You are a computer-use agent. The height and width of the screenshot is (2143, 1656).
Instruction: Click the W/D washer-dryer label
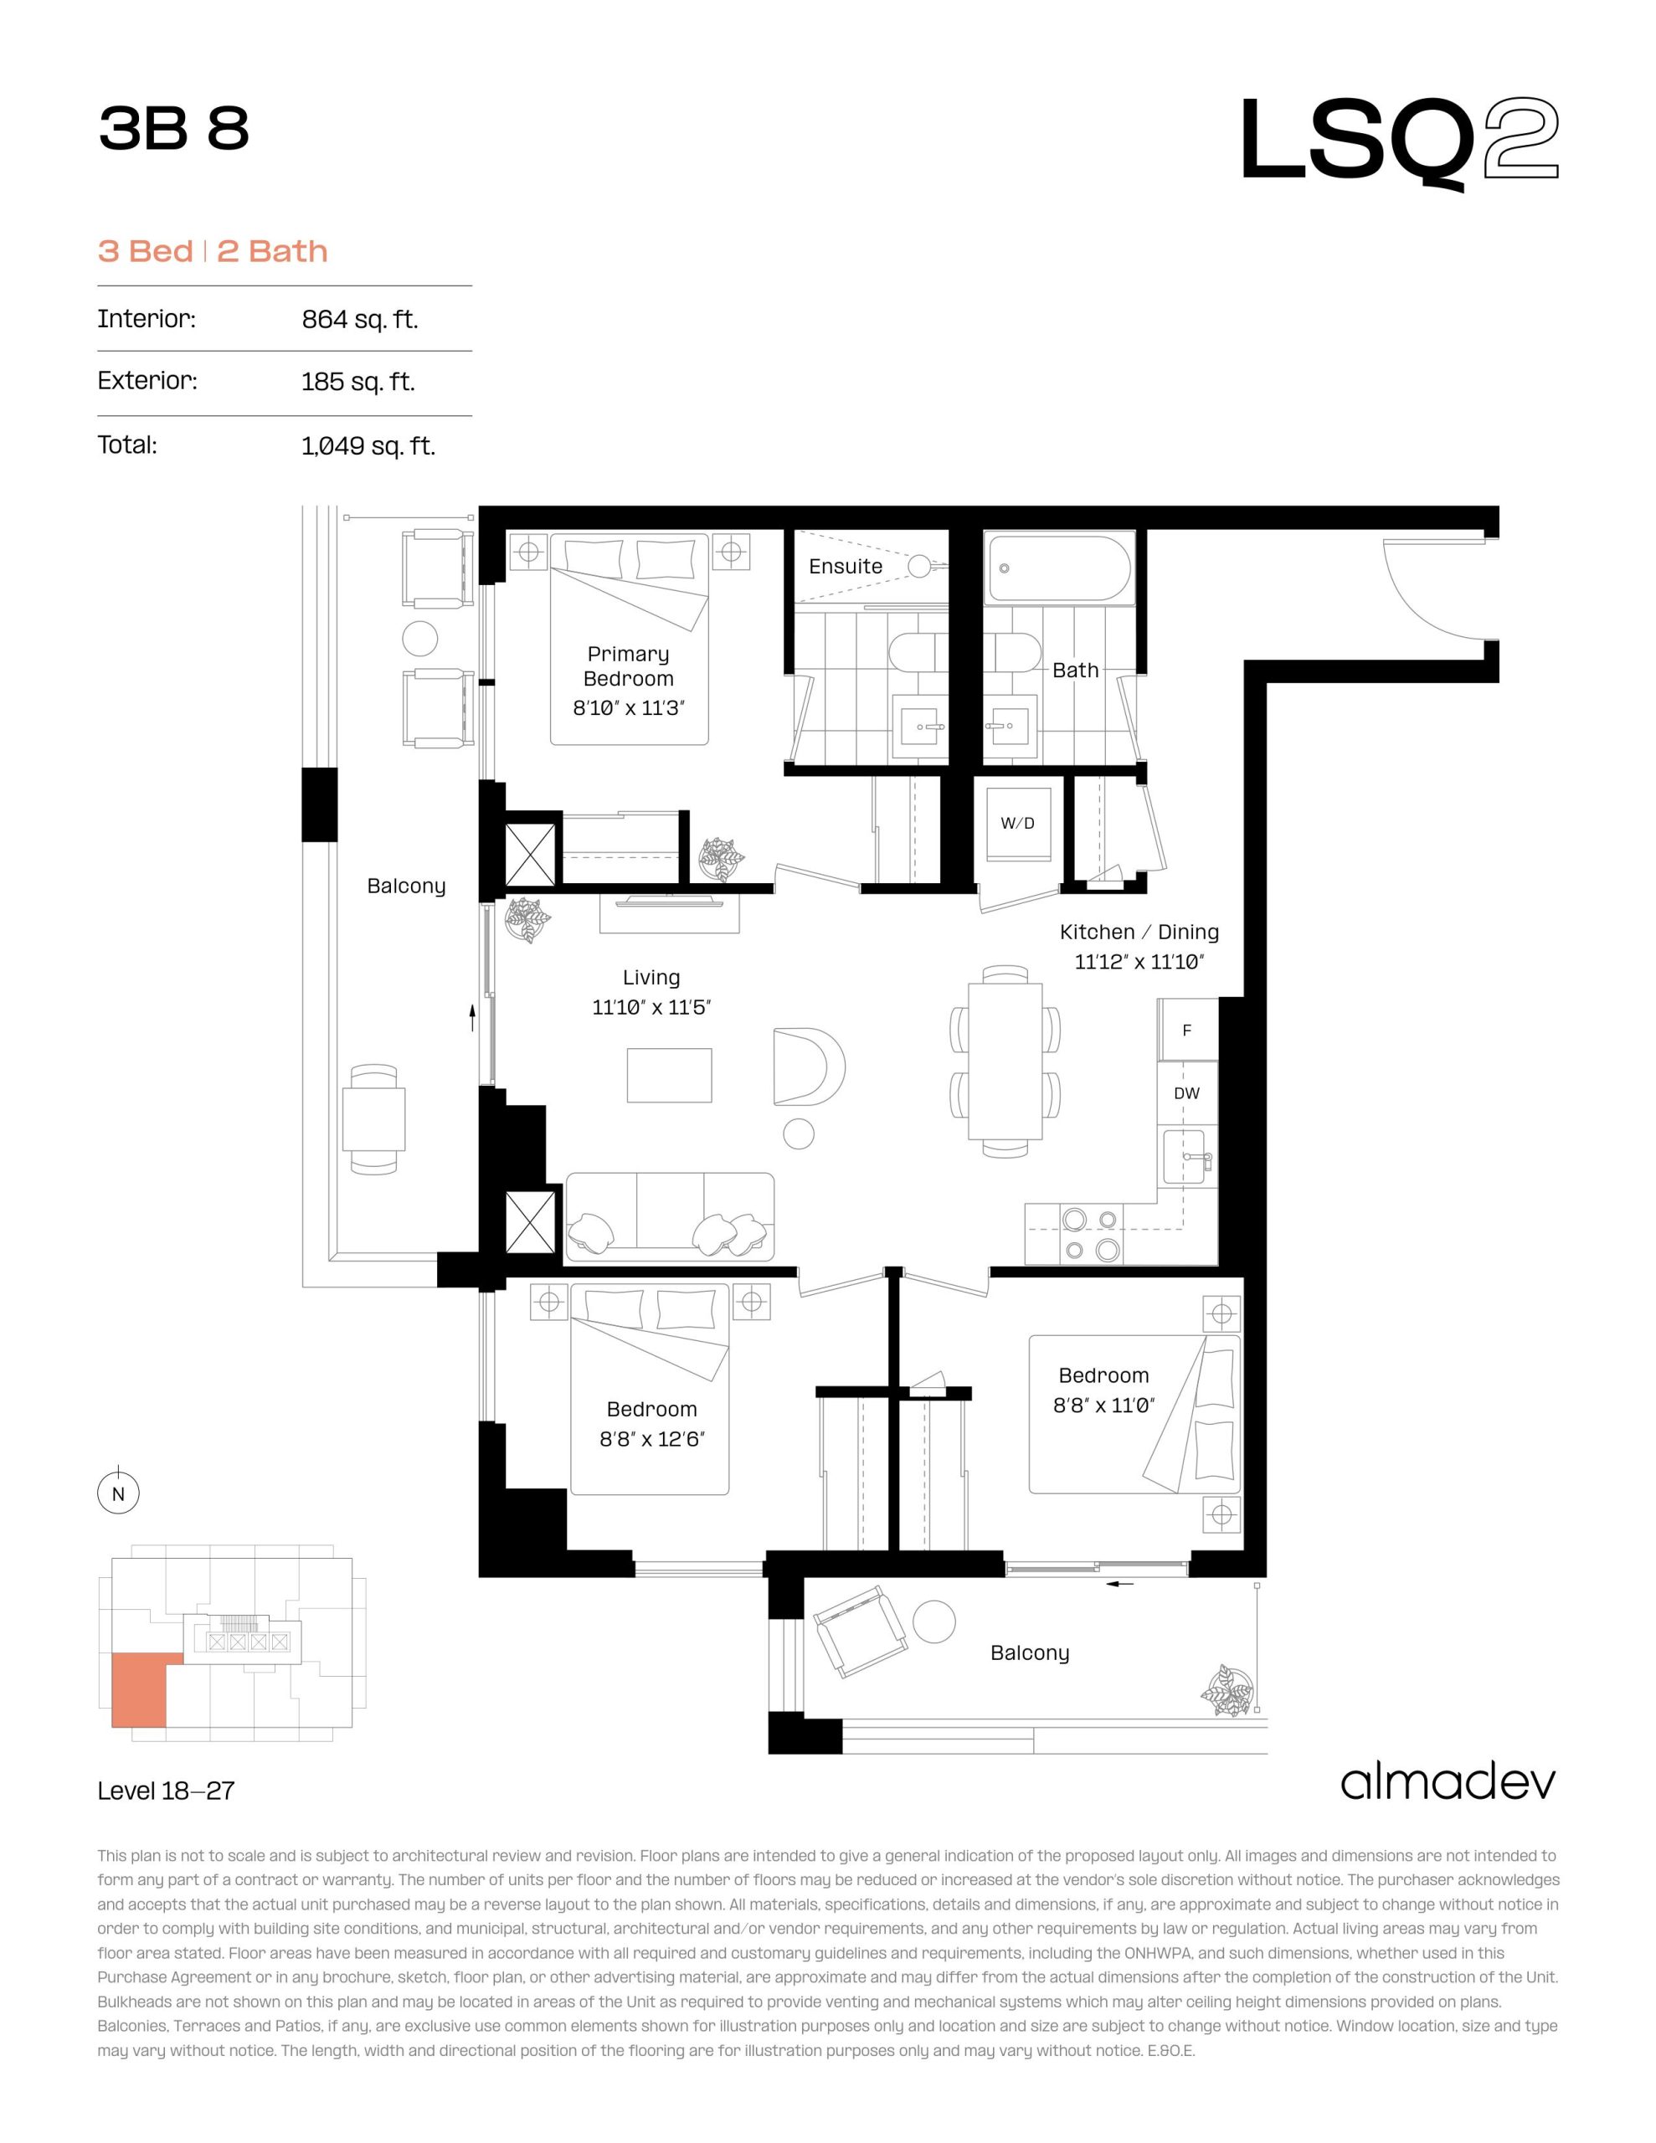coord(1017,823)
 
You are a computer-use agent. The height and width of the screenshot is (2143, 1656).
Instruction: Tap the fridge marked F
coord(1188,1030)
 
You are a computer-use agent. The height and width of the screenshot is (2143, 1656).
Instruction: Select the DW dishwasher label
coord(1187,1093)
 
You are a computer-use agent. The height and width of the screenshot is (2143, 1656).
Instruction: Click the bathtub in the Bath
coord(1059,568)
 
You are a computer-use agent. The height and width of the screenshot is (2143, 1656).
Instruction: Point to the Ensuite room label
coord(846,566)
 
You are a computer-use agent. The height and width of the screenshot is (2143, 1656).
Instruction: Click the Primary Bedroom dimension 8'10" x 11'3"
coord(628,707)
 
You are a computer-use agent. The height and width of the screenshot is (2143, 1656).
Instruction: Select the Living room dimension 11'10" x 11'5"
coord(651,1007)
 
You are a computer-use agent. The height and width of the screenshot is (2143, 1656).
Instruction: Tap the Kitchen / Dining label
coord(1139,933)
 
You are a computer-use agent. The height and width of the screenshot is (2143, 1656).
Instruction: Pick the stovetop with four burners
coord(1091,1233)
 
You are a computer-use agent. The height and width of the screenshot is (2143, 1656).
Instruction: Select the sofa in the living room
coord(670,1216)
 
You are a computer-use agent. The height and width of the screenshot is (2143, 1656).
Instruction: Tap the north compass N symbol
coord(119,1494)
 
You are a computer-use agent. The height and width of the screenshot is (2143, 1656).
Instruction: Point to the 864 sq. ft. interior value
coord(359,320)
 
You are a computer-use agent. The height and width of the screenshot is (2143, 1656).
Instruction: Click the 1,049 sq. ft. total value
coord(368,446)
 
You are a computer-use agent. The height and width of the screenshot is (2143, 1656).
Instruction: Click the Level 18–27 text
coord(166,1791)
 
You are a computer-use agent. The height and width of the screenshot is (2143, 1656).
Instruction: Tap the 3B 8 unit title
coord(174,129)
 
